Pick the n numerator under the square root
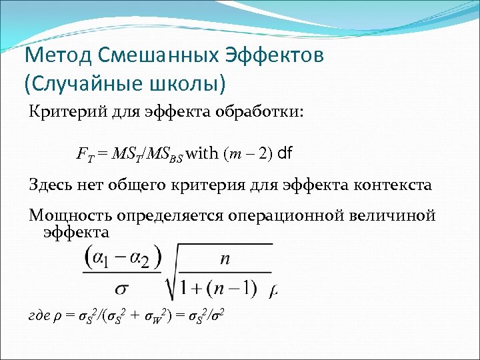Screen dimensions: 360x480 [x=225, y=259]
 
